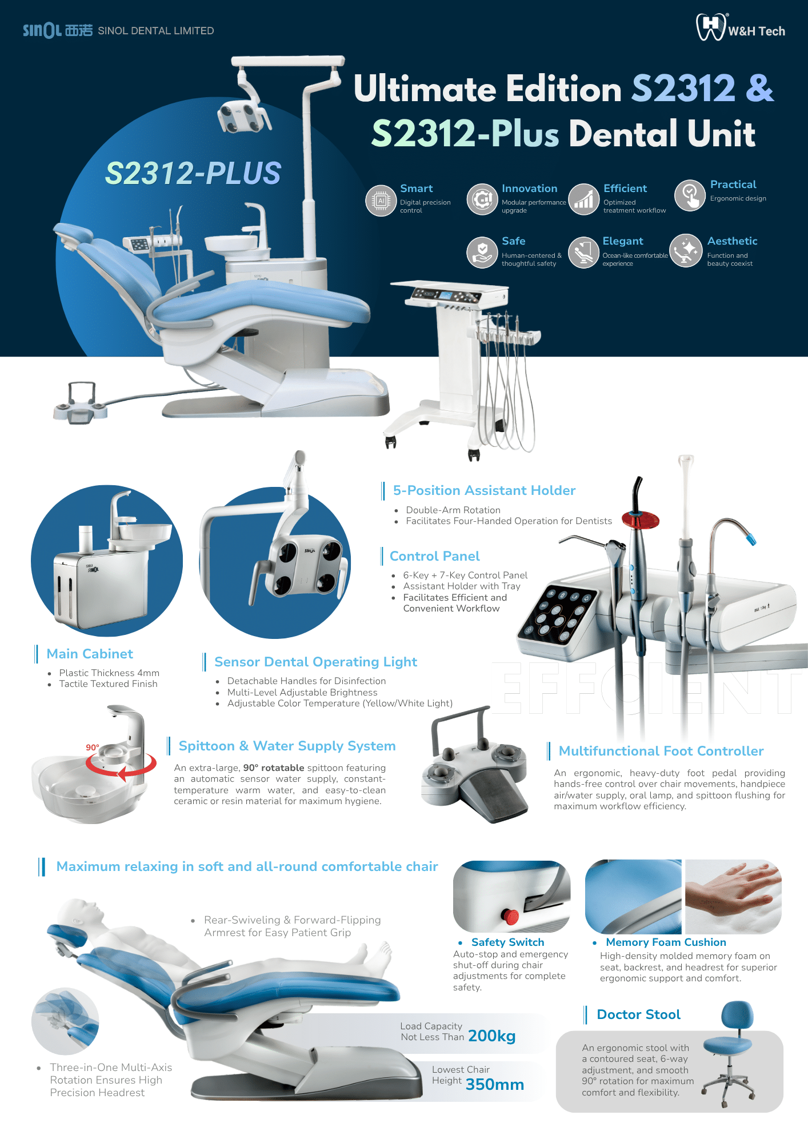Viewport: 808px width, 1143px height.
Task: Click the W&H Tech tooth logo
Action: pyautogui.click(x=710, y=27)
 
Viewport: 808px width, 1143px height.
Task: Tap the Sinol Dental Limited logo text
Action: pyautogui.click(x=118, y=30)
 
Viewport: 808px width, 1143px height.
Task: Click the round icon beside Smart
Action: pyautogui.click(x=381, y=200)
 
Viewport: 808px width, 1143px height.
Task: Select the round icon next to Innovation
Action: pyautogui.click(x=482, y=199)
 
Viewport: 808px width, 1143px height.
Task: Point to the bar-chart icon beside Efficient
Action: pyautogui.click(x=583, y=199)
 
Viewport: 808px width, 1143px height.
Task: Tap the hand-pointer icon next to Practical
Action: pyautogui.click(x=690, y=195)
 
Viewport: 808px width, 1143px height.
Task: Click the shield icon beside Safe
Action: pyautogui.click(x=482, y=253)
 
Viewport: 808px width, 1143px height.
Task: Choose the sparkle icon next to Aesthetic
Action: pyautogui.click(x=686, y=251)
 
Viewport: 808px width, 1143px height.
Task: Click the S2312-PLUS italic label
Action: pyautogui.click(x=193, y=173)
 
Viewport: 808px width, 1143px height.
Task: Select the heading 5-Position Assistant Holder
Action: pyautogui.click(x=484, y=490)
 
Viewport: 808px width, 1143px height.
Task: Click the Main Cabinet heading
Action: pyautogui.click(x=90, y=654)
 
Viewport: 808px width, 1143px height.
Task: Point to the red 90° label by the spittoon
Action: pyautogui.click(x=93, y=748)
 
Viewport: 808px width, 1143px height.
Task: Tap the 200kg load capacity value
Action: pyautogui.click(x=491, y=1036)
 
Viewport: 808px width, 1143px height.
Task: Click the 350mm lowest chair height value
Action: pyautogui.click(x=495, y=1085)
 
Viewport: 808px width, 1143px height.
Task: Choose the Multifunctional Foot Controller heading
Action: pyautogui.click(x=661, y=751)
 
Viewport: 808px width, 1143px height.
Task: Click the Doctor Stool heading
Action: pyautogui.click(x=639, y=1014)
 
